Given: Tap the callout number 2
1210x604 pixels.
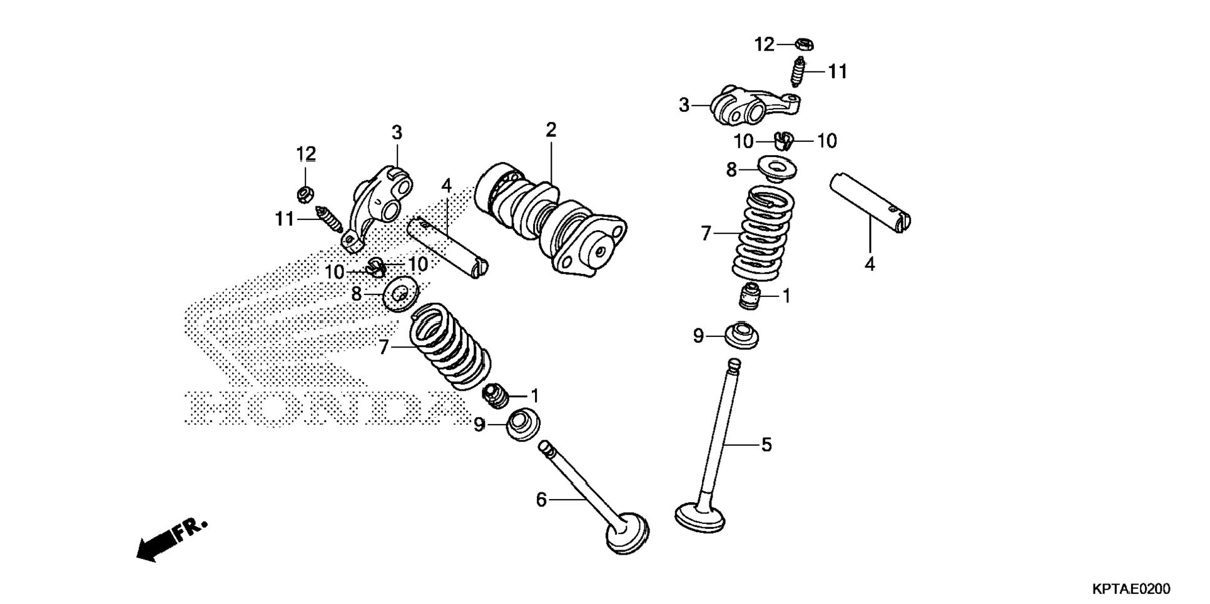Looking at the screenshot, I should point(551,130).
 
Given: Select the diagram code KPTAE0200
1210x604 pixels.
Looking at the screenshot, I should point(1131,589).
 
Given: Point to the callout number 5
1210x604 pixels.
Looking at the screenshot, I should point(766,445).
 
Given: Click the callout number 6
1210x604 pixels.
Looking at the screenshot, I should point(541,499).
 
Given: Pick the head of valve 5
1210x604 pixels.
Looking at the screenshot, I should point(700,516).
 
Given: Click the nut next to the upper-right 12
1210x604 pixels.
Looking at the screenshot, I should point(804,44).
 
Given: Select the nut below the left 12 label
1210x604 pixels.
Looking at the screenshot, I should point(305,194).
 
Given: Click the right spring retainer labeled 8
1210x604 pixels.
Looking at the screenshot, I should point(777,168).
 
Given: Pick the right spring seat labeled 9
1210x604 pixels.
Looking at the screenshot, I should point(741,336).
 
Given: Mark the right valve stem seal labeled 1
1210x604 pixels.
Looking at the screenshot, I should point(750,295).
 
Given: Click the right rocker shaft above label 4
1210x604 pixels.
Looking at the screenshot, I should point(870,203).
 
